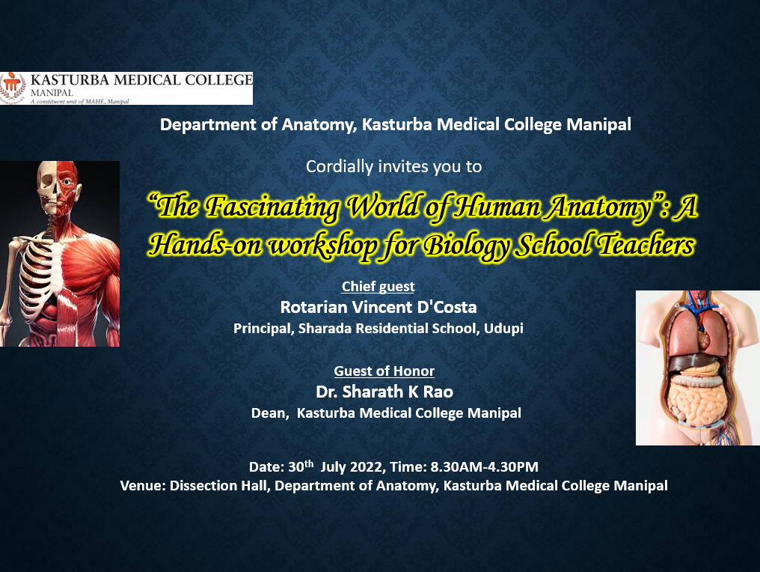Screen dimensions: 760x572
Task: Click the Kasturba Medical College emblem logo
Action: (12, 88)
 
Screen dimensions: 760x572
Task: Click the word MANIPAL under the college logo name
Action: (52, 92)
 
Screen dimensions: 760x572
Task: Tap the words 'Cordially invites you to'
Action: (393, 166)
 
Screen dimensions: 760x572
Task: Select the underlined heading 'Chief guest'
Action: (378, 286)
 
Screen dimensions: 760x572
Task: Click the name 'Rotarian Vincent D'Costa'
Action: (379, 307)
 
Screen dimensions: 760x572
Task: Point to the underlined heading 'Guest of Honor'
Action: (384, 371)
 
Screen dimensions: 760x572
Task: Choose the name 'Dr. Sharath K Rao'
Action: (384, 392)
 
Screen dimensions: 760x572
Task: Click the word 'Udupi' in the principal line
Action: (503, 329)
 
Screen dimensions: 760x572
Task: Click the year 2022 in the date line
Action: (367, 466)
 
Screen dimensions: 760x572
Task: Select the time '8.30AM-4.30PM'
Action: (484, 466)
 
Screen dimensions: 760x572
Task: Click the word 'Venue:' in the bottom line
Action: (143, 486)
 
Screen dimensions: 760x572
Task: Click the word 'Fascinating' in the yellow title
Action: (272, 207)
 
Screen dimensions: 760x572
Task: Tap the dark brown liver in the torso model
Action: (697, 362)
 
